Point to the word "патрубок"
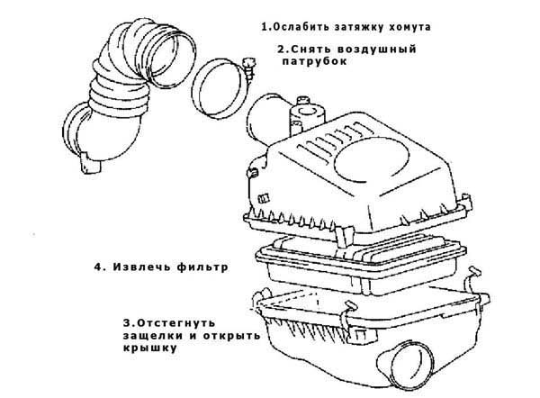pos(314,62)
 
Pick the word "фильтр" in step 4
pos(202,267)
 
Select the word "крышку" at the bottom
pos(150,348)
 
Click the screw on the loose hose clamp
pos(249,68)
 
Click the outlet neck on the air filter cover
pos(265,118)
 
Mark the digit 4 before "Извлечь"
pos(98,267)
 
